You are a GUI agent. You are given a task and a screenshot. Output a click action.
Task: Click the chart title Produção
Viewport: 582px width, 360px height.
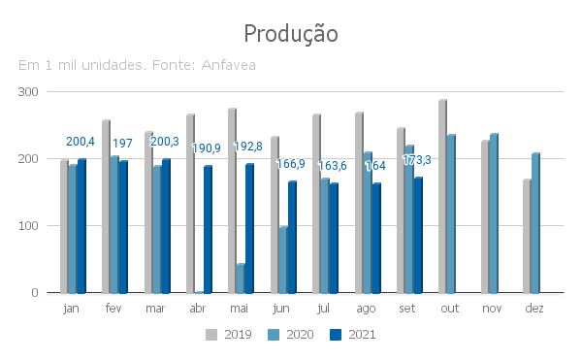coord(291,34)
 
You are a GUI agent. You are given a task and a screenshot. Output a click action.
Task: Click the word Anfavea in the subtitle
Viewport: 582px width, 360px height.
coord(228,65)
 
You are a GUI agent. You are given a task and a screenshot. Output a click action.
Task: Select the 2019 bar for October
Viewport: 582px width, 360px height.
coord(442,196)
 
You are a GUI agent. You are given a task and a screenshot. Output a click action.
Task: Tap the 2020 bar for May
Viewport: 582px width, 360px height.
coord(241,278)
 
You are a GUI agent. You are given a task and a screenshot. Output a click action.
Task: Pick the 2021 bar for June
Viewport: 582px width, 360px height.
coord(292,237)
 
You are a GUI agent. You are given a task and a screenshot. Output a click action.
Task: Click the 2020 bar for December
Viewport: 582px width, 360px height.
coord(535,223)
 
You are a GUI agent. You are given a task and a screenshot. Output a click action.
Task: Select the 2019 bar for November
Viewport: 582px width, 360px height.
coord(485,216)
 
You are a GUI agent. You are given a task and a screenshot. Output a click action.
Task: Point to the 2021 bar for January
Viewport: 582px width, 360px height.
coord(81,226)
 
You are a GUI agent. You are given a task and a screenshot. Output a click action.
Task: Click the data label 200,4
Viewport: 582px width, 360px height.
coord(81,142)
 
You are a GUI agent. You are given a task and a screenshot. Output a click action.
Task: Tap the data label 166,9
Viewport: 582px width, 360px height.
coord(291,164)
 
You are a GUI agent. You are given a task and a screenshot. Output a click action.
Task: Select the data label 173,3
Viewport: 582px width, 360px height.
coord(417,160)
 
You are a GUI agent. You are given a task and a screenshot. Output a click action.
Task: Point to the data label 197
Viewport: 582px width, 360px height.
coord(122,144)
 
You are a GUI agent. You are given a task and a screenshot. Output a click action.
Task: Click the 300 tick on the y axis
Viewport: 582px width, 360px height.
coord(28,92)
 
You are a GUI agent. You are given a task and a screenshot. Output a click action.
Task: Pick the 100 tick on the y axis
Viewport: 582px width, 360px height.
coord(28,226)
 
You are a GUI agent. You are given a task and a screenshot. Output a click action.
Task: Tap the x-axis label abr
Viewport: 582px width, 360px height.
coord(198,308)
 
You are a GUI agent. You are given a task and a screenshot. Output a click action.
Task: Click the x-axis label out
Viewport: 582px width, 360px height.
coord(450,308)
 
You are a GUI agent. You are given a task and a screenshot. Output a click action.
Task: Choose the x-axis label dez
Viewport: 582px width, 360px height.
coord(534,308)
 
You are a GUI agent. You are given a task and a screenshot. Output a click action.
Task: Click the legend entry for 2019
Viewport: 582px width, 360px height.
coord(229,335)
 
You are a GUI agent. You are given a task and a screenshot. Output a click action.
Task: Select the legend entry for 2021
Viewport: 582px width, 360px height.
coord(353,335)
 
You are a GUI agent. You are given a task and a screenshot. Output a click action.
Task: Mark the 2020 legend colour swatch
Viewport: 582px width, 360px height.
coord(274,335)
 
